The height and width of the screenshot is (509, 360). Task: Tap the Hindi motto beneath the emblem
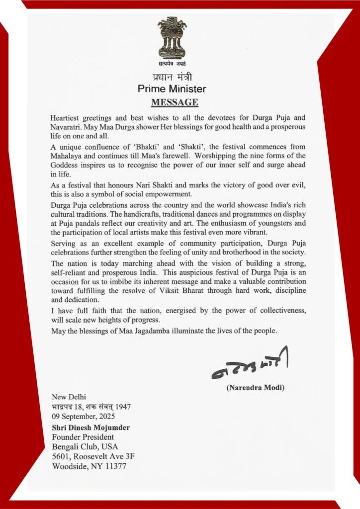tap(172, 64)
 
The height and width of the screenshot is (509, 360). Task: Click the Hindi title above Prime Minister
tap(172, 77)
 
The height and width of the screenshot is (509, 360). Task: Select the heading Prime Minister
tap(172, 89)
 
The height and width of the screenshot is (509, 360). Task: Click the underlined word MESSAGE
tap(174, 102)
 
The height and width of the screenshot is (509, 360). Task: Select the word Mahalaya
tap(67, 156)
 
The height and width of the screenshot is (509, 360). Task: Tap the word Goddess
tap(66, 165)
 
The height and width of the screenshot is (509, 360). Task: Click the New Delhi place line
tap(69, 397)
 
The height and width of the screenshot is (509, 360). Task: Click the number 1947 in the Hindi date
tap(122, 407)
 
